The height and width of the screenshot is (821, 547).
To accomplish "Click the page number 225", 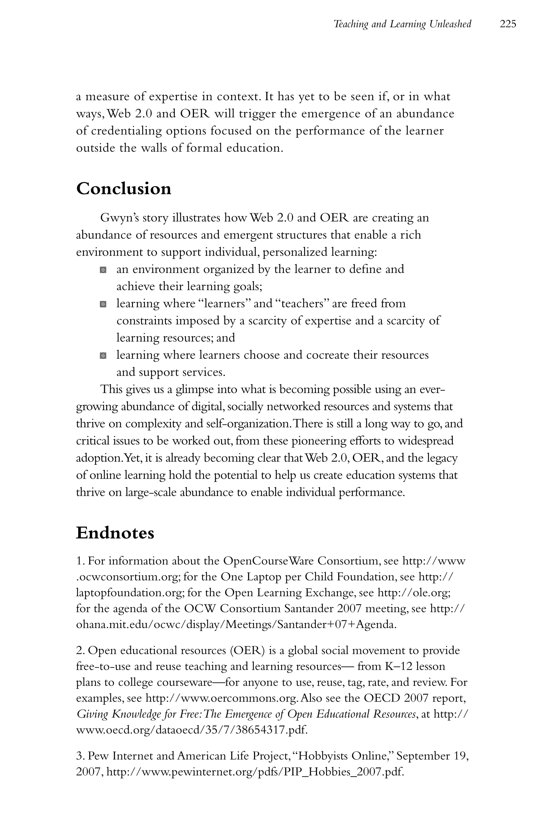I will [x=507, y=24].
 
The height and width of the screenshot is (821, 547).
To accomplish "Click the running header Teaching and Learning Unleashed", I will [x=402, y=24].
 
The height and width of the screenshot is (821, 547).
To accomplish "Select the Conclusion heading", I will [x=123, y=189].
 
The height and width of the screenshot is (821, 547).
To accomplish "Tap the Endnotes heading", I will [x=115, y=533].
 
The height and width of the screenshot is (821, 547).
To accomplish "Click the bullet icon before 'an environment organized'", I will [x=103, y=270].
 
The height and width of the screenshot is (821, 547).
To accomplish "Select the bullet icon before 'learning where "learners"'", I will [x=103, y=304].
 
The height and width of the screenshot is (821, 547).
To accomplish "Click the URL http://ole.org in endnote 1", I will [x=414, y=593].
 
